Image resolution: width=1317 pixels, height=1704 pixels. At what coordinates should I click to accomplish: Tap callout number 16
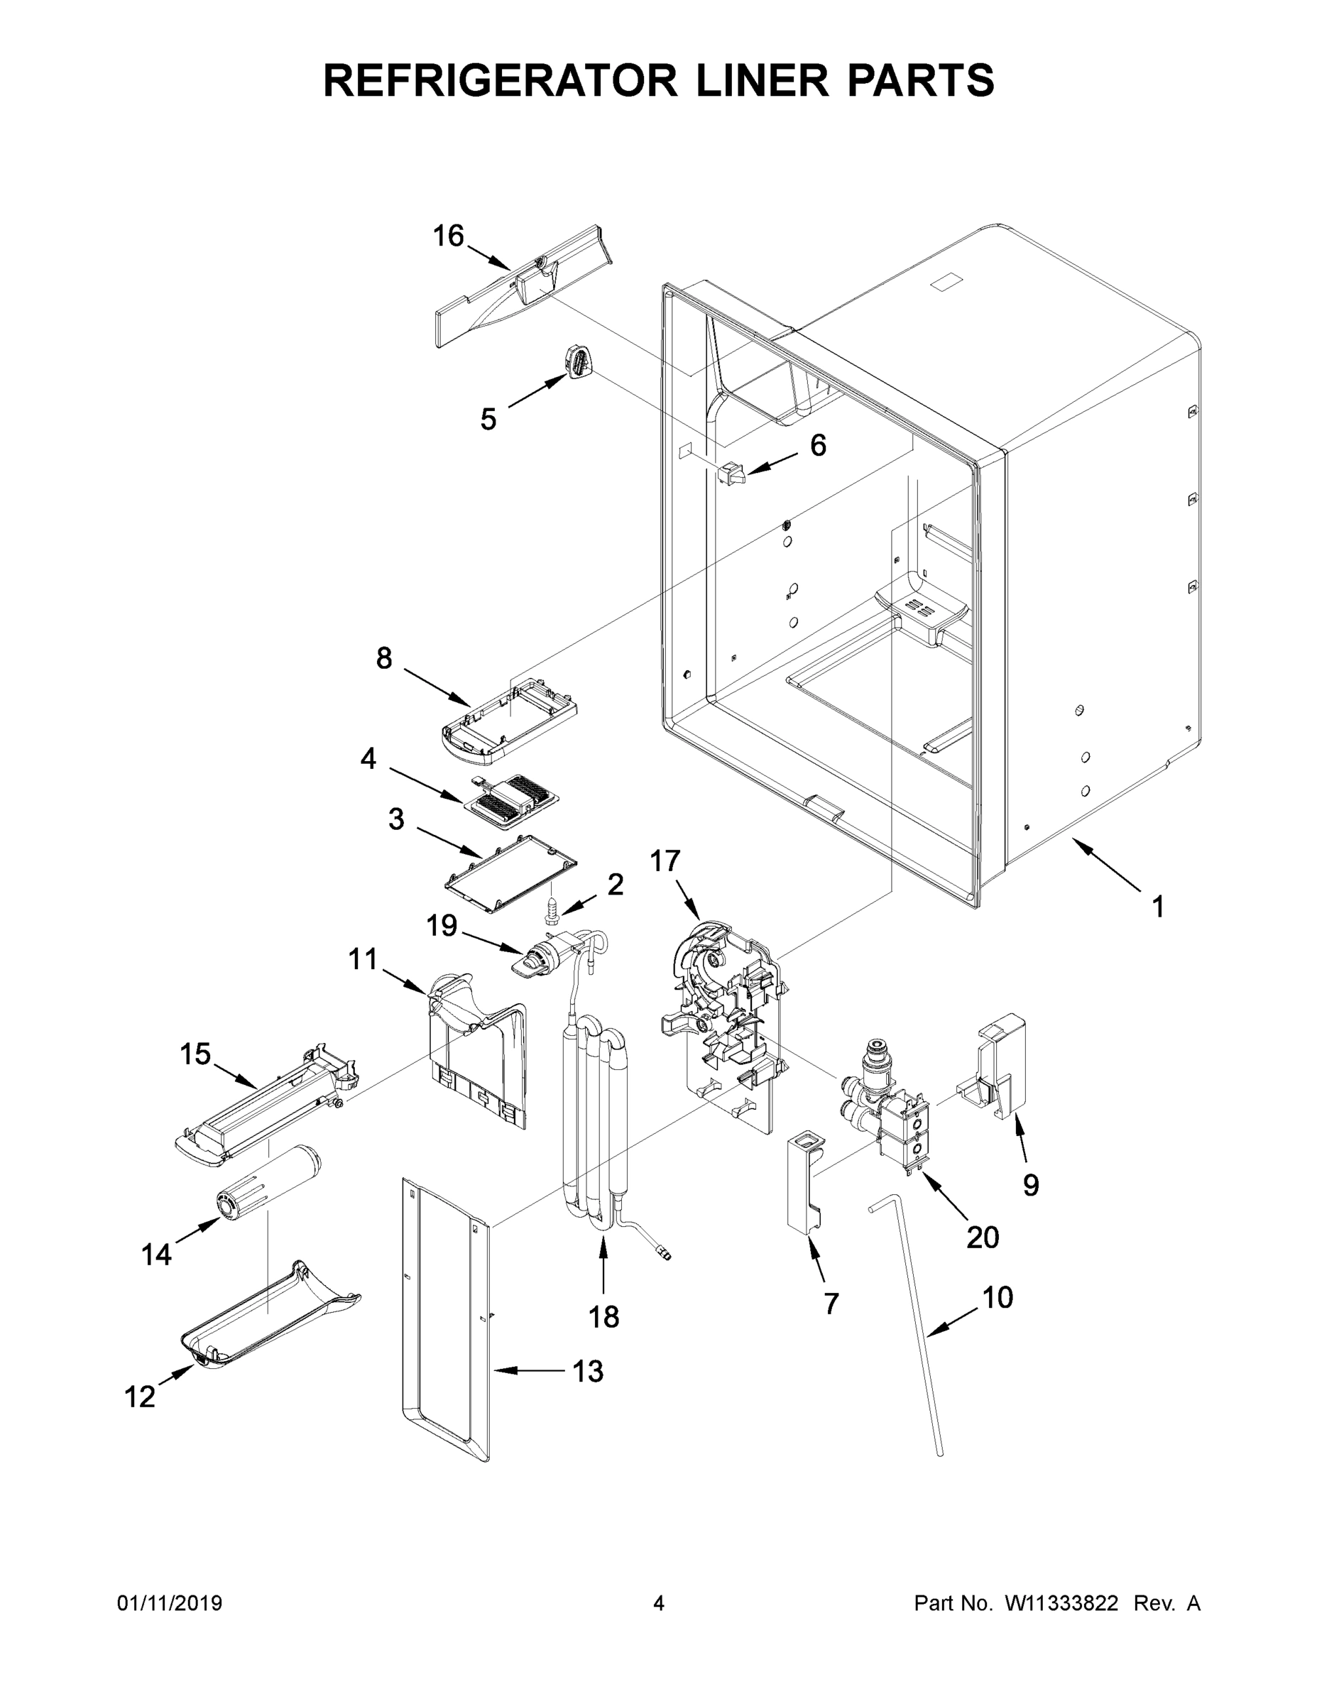pyautogui.click(x=449, y=235)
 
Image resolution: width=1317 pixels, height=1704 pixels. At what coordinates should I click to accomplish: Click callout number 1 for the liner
pyautogui.click(x=1158, y=906)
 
